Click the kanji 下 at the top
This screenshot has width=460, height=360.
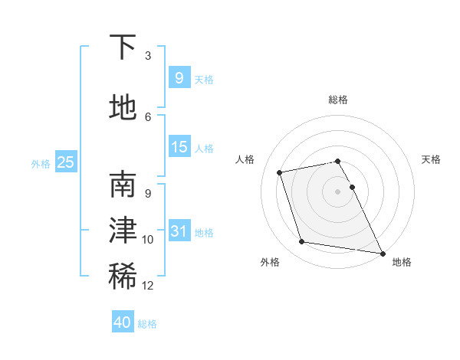123,47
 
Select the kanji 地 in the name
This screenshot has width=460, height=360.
123,108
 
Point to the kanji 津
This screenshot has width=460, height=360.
123,231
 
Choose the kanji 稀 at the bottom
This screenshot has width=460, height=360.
123,277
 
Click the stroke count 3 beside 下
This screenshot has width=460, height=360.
148,55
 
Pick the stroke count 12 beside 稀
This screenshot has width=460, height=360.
148,286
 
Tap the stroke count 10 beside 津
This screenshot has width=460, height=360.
148,240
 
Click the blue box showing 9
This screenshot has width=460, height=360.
179,77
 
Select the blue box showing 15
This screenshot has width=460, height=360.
179,146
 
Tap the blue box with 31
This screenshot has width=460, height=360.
179,231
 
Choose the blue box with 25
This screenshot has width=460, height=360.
65,162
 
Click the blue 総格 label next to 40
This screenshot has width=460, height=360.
148,324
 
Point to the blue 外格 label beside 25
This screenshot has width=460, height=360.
41,163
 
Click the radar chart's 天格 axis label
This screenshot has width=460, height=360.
431,159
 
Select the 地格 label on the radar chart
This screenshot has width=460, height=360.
402,262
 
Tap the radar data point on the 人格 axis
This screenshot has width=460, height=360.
280,172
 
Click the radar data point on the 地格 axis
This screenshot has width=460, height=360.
382,252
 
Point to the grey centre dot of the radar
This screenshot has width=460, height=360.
337,191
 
